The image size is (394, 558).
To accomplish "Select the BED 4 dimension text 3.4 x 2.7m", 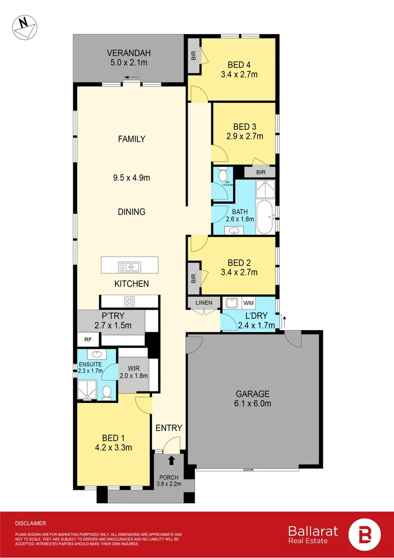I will [242, 74].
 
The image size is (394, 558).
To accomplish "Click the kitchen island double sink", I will [129, 267].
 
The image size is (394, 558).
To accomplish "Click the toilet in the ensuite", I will [106, 393].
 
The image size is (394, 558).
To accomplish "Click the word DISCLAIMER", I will [31, 523].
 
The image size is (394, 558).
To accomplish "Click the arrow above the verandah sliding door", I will [132, 79].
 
